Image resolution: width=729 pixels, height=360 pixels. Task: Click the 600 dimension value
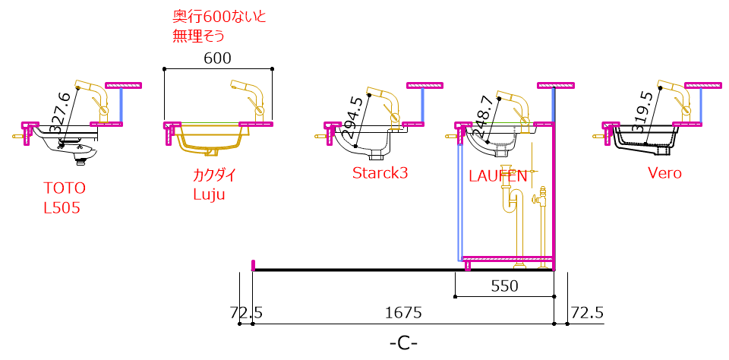pyautogui.click(x=217, y=58)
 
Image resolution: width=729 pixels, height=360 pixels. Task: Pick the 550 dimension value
pyautogui.click(x=504, y=286)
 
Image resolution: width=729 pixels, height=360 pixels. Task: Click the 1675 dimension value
pyautogui.click(x=403, y=313)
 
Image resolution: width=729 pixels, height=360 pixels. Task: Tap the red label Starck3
pyautogui.click(x=380, y=173)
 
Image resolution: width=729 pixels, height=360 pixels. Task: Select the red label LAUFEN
pyautogui.click(x=497, y=175)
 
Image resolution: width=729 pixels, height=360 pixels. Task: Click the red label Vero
pyautogui.click(x=665, y=173)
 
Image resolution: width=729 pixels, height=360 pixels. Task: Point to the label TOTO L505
pyautogui.click(x=65, y=198)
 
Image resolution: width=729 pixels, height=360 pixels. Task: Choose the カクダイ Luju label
pyautogui.click(x=214, y=185)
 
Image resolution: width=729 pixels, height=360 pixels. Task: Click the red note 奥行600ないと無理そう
pyautogui.click(x=219, y=27)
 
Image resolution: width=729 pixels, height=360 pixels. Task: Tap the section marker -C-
pyautogui.click(x=403, y=344)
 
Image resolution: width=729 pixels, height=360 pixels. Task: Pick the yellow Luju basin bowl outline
pyautogui.click(x=212, y=140)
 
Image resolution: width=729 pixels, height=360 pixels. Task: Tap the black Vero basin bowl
pyautogui.click(x=644, y=138)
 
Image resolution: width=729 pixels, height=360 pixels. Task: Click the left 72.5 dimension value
pyautogui.click(x=246, y=313)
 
